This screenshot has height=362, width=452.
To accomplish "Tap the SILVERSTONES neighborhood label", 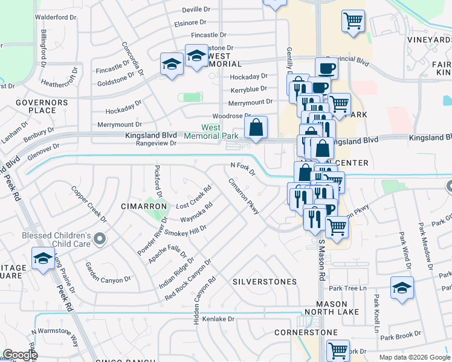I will pyautogui.click(x=265, y=282).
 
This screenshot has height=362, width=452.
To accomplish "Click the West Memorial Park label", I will pyautogui.click(x=211, y=132).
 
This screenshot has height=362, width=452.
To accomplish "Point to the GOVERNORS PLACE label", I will pyautogui.click(x=41, y=107).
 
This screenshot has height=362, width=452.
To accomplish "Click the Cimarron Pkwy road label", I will pyautogui.click(x=244, y=196).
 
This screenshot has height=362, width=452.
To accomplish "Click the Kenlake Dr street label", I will pyautogui.click(x=218, y=318).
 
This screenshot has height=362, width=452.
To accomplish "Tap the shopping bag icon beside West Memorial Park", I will pyautogui.click(x=256, y=128).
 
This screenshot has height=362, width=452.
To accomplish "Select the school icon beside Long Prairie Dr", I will pyautogui.click(x=43, y=259).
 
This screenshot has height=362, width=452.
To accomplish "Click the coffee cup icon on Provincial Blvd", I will pyautogui.click(x=326, y=68).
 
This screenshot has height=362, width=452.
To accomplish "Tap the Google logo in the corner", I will pyautogui.click(x=20, y=355).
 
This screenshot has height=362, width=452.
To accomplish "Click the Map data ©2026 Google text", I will pyautogui.click(x=415, y=357).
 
